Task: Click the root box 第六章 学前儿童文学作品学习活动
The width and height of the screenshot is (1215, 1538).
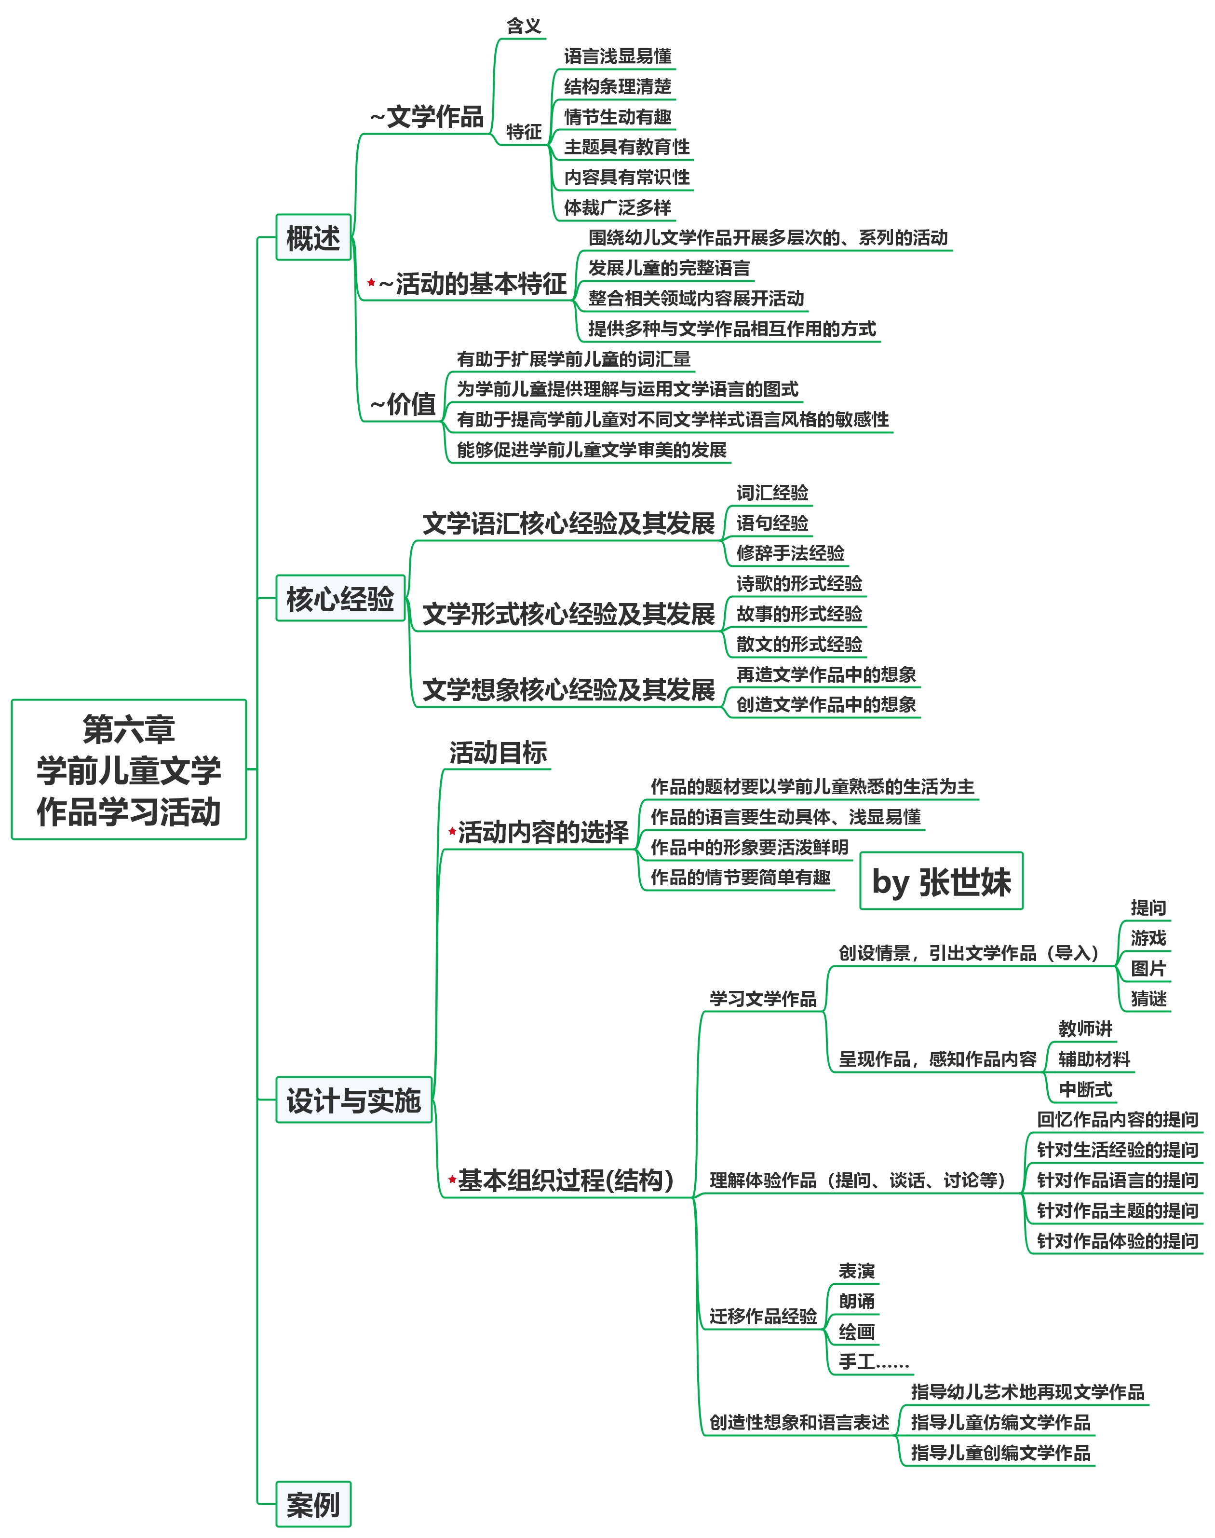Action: [129, 769]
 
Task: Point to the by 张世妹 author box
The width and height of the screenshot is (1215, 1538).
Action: [941, 881]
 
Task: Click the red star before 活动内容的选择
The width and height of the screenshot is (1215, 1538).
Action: [452, 831]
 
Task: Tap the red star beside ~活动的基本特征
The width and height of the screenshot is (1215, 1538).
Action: [371, 283]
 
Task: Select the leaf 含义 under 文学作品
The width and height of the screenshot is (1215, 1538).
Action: [524, 27]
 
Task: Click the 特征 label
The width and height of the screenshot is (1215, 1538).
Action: [524, 132]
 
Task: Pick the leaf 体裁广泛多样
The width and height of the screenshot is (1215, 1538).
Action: [618, 207]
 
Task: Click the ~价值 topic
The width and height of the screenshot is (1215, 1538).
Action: [404, 404]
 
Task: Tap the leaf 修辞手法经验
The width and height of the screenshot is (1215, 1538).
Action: [790, 553]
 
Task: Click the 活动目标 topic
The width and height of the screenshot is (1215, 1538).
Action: [498, 752]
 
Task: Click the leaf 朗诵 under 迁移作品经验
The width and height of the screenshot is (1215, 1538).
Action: [856, 1302]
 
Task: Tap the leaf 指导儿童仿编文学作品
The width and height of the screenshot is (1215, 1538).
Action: [1000, 1423]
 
